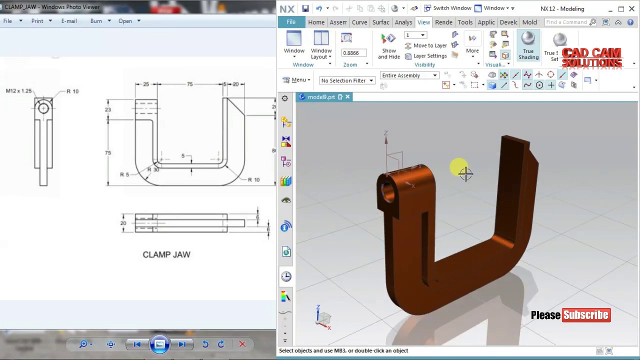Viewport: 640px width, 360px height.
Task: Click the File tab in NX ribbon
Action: pos(291,22)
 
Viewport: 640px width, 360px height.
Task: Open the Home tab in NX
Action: pos(316,22)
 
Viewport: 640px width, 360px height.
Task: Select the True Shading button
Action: pos(528,45)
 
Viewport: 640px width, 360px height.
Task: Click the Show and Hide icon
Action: pos(388,45)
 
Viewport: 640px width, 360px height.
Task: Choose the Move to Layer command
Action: pos(425,45)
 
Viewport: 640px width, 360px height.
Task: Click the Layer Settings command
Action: pos(425,56)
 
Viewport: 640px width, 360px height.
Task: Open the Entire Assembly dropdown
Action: pos(409,75)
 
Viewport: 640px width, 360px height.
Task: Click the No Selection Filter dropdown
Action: pos(347,80)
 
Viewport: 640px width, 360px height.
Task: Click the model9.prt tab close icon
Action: pos(347,97)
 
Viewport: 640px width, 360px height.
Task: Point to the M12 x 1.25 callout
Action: pos(18,91)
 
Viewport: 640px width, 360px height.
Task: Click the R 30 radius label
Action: pos(153,169)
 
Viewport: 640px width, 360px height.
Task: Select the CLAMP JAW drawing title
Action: pos(166,254)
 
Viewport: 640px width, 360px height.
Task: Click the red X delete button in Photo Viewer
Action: pos(242,344)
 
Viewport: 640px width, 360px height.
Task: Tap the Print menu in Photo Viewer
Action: pos(37,21)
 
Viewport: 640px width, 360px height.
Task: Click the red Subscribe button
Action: pos(586,315)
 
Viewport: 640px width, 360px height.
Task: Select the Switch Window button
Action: pos(447,8)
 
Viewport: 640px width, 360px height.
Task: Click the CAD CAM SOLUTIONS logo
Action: pos(591,57)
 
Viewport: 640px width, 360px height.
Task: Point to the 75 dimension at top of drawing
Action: pos(189,84)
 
